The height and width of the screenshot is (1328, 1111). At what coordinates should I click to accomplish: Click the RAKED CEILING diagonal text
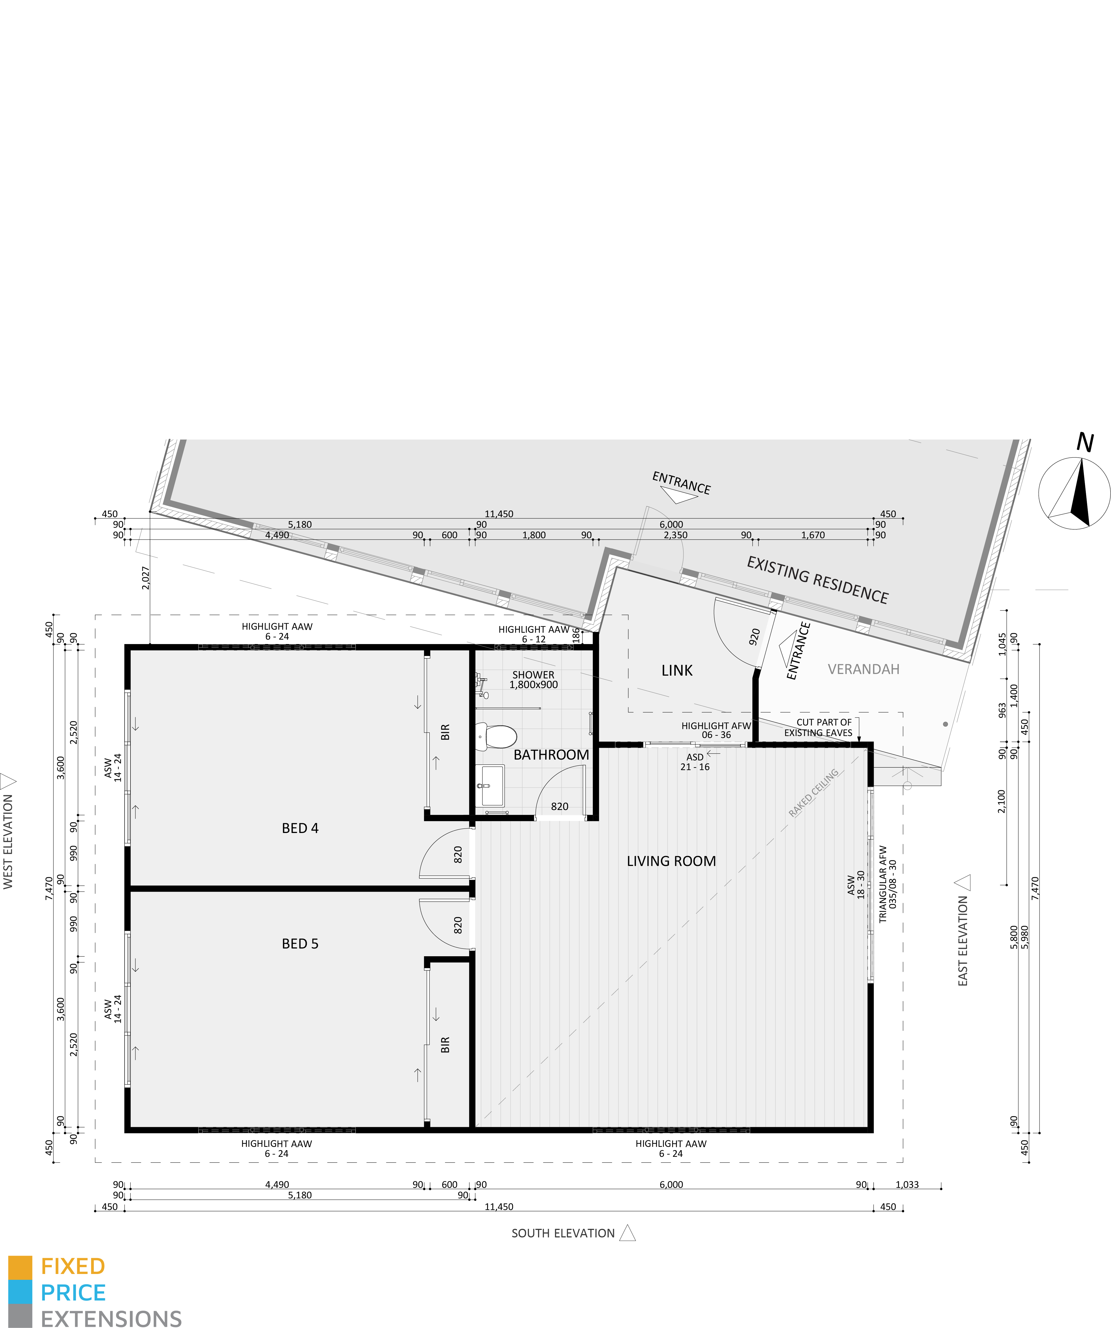[x=814, y=792]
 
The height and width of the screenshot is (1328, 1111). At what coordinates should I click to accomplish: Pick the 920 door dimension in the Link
[x=754, y=637]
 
